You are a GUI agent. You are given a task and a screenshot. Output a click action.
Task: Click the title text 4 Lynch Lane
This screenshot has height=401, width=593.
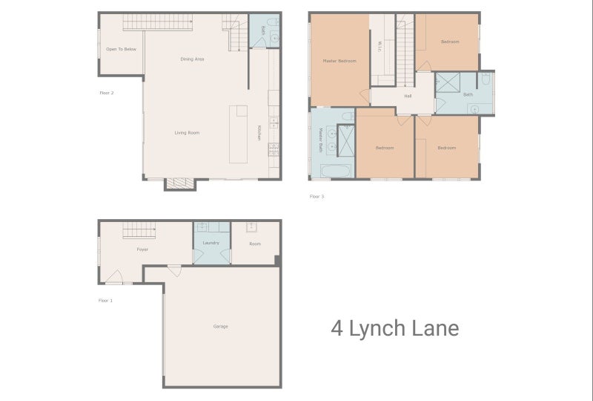tap(394, 328)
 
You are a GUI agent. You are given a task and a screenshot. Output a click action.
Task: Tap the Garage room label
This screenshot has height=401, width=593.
tap(220, 327)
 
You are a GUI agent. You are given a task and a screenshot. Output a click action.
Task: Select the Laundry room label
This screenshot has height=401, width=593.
tap(211, 243)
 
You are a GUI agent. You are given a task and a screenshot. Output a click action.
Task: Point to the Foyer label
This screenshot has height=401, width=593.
tap(142, 250)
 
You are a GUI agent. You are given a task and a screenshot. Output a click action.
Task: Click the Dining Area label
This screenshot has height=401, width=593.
tap(192, 59)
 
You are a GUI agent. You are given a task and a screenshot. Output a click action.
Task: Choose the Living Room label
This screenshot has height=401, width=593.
tap(187, 133)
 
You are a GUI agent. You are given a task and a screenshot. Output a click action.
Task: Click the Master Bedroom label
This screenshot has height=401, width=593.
tap(339, 60)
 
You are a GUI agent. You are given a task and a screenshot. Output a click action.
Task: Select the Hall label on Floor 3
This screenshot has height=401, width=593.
tap(408, 96)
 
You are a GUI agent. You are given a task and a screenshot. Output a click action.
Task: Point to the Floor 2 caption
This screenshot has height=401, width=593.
tap(106, 93)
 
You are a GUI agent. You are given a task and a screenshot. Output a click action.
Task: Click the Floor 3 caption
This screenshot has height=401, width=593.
tap(317, 197)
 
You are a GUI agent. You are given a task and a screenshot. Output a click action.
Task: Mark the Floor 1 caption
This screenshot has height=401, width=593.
tap(106, 300)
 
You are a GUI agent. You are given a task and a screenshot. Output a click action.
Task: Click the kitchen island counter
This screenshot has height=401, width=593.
tap(239, 134)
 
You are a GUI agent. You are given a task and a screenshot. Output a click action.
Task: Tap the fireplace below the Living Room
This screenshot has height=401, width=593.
tap(180, 184)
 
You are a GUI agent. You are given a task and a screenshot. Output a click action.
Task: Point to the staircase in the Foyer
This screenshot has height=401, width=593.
tap(137, 231)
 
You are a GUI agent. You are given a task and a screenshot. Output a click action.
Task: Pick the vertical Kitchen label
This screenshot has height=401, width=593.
tap(259, 132)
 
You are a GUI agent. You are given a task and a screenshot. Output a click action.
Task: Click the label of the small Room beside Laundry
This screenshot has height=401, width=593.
tap(255, 243)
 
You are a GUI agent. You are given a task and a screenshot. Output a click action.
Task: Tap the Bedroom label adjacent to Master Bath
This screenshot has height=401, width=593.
tap(384, 148)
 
